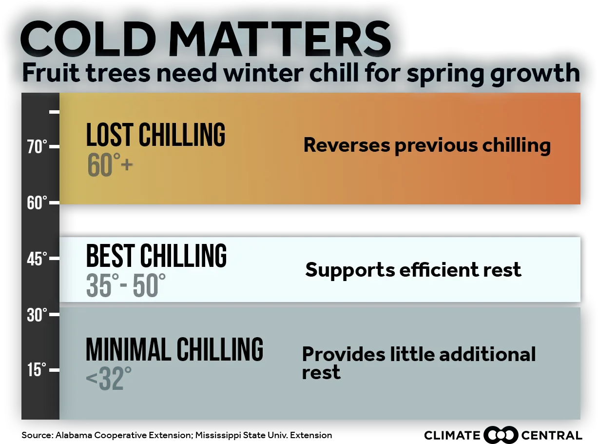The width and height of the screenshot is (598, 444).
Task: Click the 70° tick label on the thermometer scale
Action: coord(37,147)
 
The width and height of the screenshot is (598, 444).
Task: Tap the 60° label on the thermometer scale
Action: coord(37,203)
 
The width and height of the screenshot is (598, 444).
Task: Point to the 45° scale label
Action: coord(37,259)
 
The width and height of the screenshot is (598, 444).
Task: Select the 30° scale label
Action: coord(37,315)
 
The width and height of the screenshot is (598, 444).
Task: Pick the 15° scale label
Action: coord(37,370)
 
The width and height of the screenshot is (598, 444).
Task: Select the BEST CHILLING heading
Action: coord(156,256)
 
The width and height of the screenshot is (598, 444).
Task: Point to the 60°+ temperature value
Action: coord(110,164)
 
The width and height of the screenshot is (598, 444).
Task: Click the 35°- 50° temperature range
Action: coord(126,285)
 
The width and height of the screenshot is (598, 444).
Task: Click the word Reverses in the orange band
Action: coord(347,145)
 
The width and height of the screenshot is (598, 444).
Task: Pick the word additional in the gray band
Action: coord(487,354)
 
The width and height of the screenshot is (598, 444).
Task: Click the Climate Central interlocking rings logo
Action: coord(501,435)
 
